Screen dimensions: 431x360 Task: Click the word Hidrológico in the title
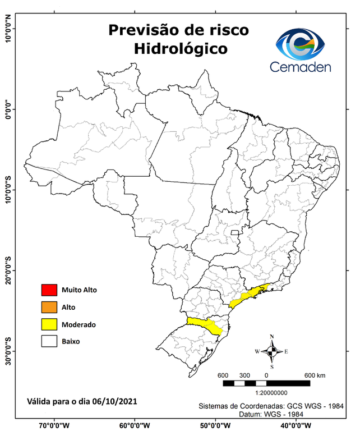[180, 49]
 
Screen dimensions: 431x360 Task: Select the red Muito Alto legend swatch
[49, 290]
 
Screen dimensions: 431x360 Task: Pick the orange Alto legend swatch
[49, 307]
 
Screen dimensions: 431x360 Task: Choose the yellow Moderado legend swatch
[49, 324]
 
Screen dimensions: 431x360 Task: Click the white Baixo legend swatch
[49, 341]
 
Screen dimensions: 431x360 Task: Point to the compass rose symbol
[272, 352]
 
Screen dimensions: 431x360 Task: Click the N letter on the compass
[272, 337]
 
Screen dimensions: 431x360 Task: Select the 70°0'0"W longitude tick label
[54, 425]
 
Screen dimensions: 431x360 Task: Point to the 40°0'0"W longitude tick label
[298, 425]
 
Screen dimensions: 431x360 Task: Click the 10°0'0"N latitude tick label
[8, 28]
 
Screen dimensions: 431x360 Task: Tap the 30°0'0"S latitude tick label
[8, 351]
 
